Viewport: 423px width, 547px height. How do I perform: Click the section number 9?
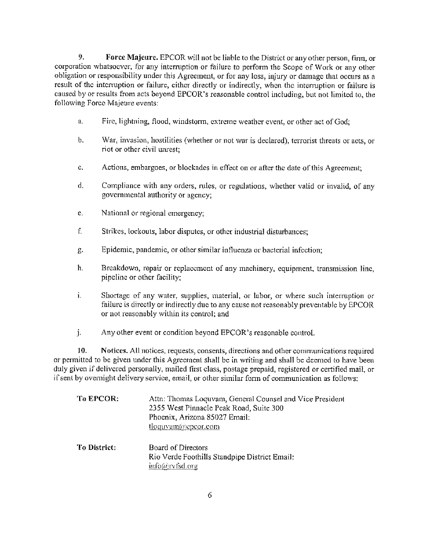pyautogui.click(x=81, y=57)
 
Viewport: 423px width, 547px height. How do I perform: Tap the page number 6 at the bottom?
pyautogui.click(x=210, y=495)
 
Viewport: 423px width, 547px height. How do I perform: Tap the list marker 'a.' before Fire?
pyautogui.click(x=80, y=122)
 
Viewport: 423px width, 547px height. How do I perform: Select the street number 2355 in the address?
pyautogui.click(x=158, y=408)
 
